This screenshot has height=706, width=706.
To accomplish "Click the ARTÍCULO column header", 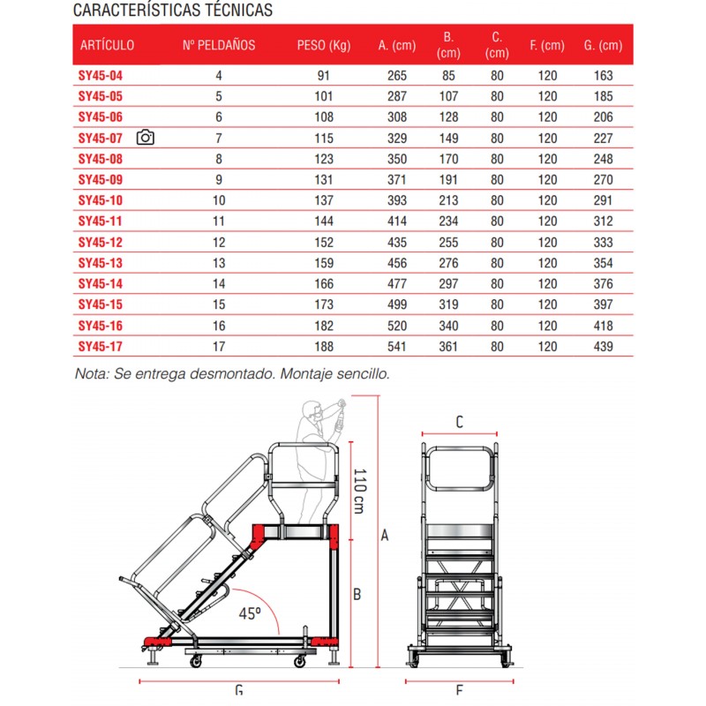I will pyautogui.click(x=107, y=45).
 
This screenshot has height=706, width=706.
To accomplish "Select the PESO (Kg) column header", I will pyautogui.click(x=324, y=45).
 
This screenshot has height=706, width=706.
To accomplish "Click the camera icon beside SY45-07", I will pyautogui.click(x=146, y=138).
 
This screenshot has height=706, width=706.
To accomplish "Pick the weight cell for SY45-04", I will pyautogui.click(x=323, y=76).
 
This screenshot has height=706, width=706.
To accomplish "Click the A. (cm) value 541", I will pyautogui.click(x=396, y=347).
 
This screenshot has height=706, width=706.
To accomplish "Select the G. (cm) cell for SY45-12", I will pyautogui.click(x=603, y=242).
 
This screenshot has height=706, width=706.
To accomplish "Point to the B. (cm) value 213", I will pyautogui.click(x=448, y=200).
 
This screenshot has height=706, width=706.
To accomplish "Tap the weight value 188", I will pyautogui.click(x=323, y=347).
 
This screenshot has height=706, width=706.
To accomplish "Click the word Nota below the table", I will pyautogui.click(x=91, y=373).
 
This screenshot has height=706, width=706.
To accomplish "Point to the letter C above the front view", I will pyautogui.click(x=459, y=423).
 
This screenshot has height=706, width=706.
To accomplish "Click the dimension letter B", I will pyautogui.click(x=357, y=594).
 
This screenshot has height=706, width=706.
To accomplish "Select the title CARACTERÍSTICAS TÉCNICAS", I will pyautogui.click(x=173, y=11).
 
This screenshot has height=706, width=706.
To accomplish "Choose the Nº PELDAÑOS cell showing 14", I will pyautogui.click(x=219, y=284).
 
